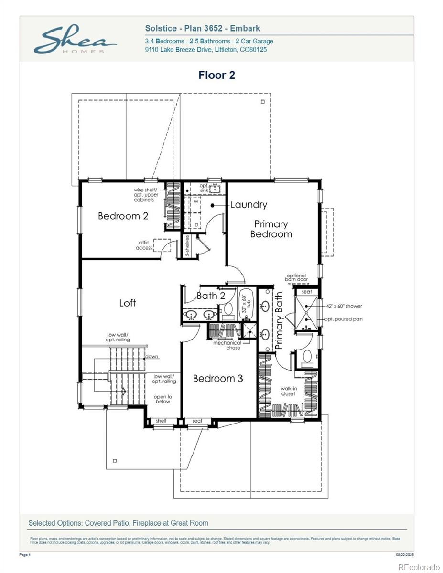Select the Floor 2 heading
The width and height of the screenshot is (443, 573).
(x=216, y=75)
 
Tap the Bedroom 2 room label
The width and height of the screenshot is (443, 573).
(x=123, y=216)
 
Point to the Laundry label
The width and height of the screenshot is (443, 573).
(x=249, y=205)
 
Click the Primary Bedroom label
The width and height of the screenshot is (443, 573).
(x=271, y=229)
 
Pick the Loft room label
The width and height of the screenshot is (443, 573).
(x=128, y=303)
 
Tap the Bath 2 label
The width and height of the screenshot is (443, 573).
(x=211, y=296)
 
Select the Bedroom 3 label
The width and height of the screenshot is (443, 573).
(x=218, y=379)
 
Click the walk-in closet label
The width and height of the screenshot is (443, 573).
(x=288, y=391)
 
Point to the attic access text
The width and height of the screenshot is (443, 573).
(x=144, y=245)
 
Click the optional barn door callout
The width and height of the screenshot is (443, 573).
(x=297, y=277)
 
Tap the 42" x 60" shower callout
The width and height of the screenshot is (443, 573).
(x=344, y=306)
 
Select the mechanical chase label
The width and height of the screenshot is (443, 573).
(x=227, y=345)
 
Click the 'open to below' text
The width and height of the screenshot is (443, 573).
(x=162, y=399)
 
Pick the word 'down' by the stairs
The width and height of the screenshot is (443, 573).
(x=152, y=357)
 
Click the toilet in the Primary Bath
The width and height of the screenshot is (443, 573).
(x=307, y=357)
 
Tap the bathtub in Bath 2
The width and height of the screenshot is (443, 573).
(x=245, y=303)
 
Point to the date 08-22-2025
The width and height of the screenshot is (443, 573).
(x=405, y=555)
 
